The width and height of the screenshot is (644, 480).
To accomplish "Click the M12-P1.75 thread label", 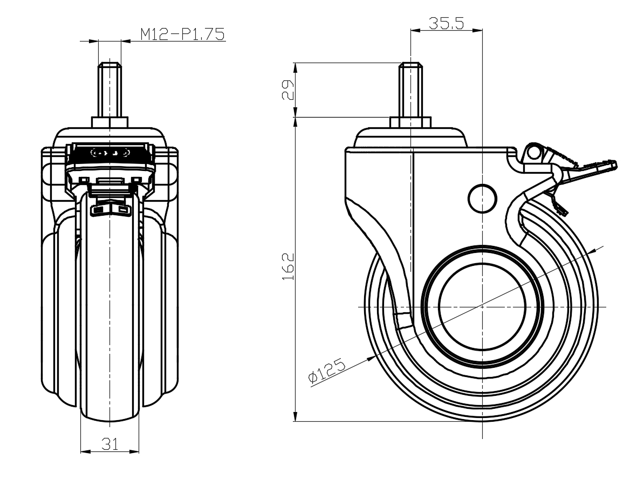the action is click(183, 33).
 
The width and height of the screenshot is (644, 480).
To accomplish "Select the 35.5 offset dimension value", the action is click(447, 23).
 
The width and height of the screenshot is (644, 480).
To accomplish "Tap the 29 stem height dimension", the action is click(289, 90).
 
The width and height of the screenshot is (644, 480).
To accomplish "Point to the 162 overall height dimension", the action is click(289, 266).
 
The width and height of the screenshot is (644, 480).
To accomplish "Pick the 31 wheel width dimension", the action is click(110, 443).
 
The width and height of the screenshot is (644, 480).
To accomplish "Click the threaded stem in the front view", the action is click(110, 90).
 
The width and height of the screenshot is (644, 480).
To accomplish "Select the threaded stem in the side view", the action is click(410, 90).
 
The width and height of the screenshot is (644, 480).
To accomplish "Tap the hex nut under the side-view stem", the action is click(410, 122).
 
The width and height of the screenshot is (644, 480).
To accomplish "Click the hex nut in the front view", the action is click(110, 122).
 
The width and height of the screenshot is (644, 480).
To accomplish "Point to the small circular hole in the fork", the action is click(483, 197).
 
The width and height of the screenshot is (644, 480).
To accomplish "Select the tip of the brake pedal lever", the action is click(616, 164).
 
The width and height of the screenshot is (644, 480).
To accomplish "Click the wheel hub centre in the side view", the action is click(482, 306).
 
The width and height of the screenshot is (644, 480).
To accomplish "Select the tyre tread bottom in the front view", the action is click(110, 419).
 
